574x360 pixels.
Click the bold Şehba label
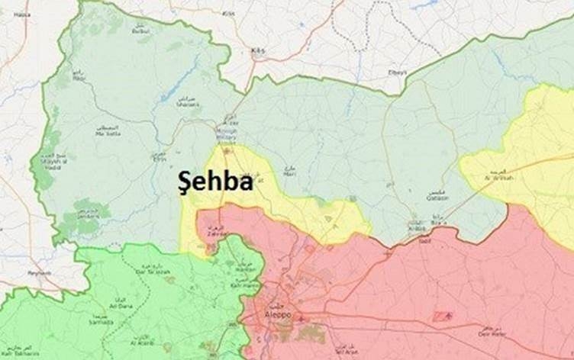[x=215, y=182]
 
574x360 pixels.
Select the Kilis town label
[x=258, y=50]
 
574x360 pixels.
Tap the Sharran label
[x=187, y=105]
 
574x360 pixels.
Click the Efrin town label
[x=159, y=158]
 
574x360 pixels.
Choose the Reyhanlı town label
[x=38, y=272]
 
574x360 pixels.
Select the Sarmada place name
[x=101, y=321]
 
